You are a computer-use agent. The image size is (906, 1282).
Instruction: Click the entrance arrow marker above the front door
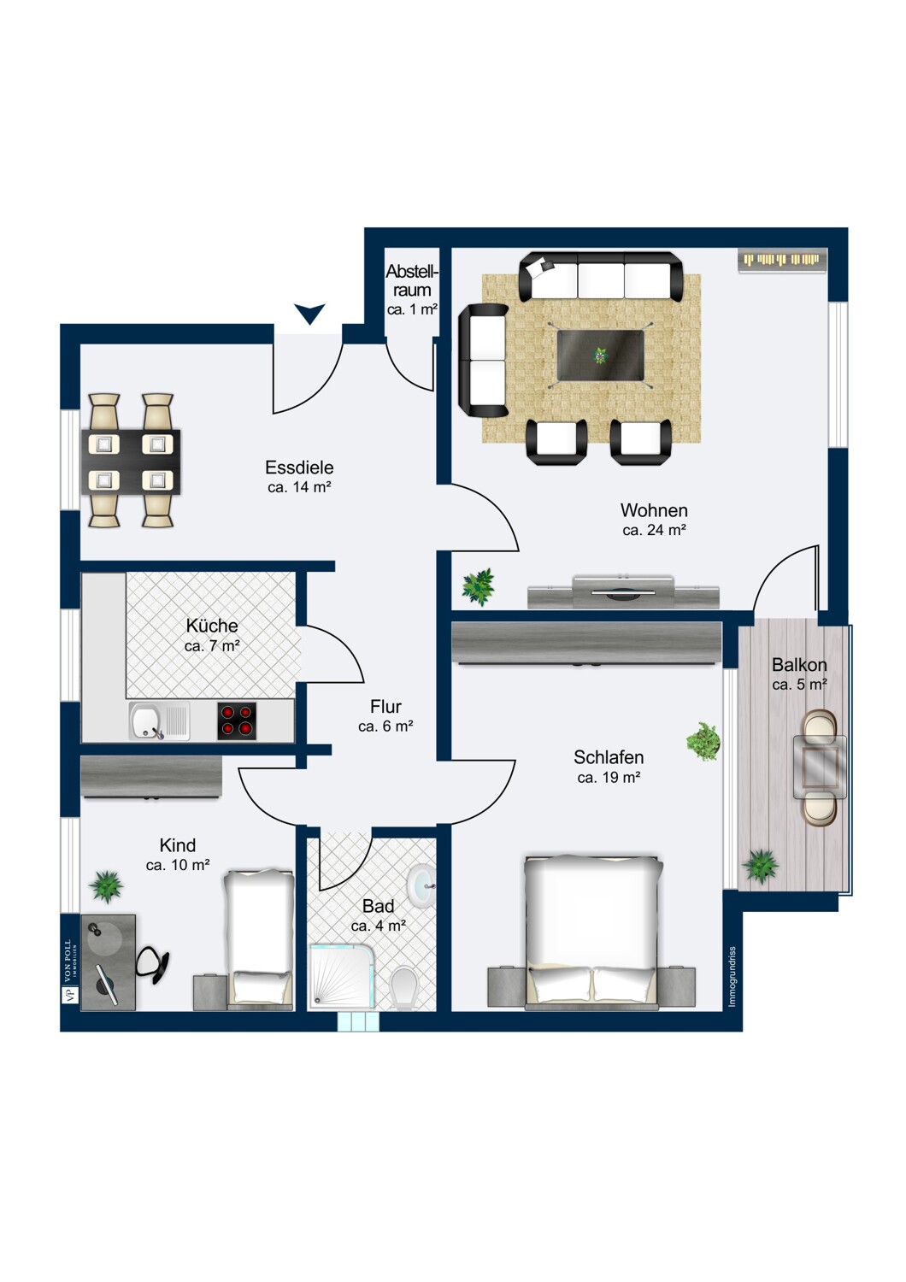(x=309, y=312)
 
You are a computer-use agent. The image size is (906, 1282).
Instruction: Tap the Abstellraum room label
(x=412, y=280)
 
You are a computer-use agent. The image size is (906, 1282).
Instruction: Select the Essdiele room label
(x=299, y=468)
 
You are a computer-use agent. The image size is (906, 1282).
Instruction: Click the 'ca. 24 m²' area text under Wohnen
(x=654, y=530)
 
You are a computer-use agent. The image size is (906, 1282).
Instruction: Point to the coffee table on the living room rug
(x=600, y=356)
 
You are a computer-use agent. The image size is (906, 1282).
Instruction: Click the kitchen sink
(x=159, y=720)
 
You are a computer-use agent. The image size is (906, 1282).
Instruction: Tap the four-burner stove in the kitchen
(x=237, y=720)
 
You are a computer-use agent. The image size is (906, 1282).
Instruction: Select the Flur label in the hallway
(x=385, y=707)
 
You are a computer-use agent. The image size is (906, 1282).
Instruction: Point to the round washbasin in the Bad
(x=421, y=885)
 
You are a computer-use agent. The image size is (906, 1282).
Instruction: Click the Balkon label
(x=799, y=665)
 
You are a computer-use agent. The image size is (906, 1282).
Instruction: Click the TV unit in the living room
(x=623, y=592)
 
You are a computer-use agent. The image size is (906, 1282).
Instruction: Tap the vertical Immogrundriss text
(x=732, y=976)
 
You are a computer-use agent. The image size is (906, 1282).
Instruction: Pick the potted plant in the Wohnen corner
(x=478, y=586)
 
